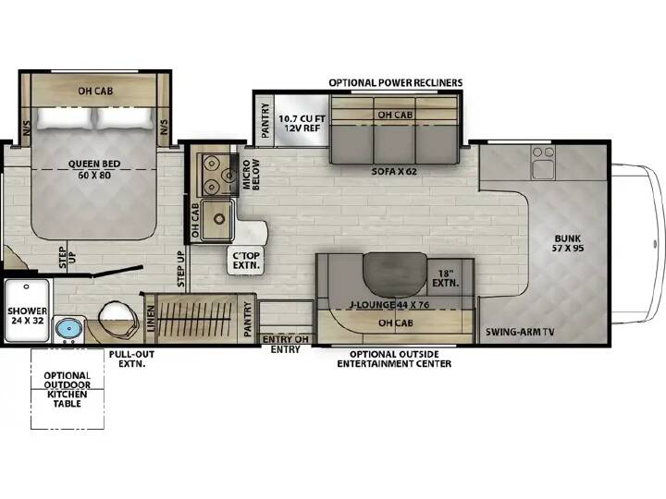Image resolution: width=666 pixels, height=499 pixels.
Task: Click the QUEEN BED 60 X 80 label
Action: click(94, 169)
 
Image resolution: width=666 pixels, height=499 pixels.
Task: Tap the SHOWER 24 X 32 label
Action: click(27, 315)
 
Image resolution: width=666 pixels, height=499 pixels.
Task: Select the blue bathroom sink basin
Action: click(69, 328)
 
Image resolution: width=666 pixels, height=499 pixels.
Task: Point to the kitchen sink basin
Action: click(218, 219)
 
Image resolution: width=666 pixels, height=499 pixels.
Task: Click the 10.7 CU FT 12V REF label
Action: click(302, 123)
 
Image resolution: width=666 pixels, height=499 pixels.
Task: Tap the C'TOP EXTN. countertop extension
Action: click(246, 261)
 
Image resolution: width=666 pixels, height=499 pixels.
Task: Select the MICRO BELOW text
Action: click(251, 175)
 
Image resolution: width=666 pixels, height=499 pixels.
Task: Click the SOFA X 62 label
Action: click(394, 172)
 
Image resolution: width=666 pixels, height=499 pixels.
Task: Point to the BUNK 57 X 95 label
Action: click(567, 243)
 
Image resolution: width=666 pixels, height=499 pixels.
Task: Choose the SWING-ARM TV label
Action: click(520, 332)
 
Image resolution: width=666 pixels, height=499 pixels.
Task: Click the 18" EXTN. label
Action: click(446, 278)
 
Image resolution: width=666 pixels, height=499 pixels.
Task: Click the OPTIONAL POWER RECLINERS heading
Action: click(396, 82)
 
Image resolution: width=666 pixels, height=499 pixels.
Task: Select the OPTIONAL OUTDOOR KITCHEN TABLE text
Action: click(68, 389)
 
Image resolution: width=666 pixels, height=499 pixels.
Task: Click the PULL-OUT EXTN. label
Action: click(131, 359)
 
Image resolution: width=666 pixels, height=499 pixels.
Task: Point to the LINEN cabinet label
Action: click(151, 319)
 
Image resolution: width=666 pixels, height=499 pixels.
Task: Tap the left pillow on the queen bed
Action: click(65, 118)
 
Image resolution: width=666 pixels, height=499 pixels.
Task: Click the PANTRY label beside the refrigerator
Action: click(265, 120)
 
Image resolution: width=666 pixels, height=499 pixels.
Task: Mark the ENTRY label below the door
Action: click(286, 349)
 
